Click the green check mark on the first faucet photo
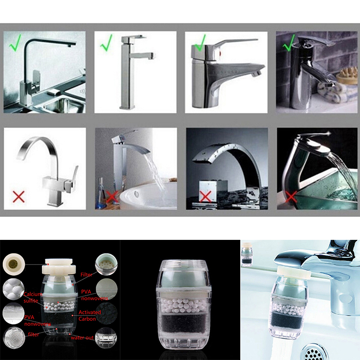point(15,43)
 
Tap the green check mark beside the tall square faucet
point(106,43)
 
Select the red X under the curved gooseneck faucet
point(18,197)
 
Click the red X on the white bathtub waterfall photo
point(112,197)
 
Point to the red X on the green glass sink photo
point(291,197)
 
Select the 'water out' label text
point(82,337)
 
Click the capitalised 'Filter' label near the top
point(86,274)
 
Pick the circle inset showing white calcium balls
point(13,289)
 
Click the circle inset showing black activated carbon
point(106,313)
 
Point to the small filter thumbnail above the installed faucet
point(247,255)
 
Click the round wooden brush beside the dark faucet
point(347,76)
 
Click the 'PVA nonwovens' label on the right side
point(94,295)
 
